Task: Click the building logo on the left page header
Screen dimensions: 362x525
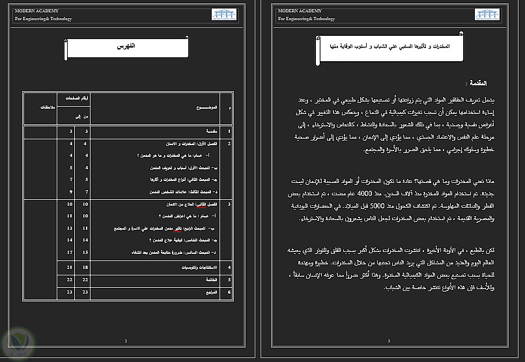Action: click(x=224, y=14)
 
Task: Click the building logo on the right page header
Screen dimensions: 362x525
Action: click(x=488, y=14)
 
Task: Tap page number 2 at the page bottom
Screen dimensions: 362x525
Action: click(x=126, y=341)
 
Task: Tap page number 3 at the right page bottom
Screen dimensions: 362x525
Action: click(x=389, y=341)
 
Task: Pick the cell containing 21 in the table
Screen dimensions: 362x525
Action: click(x=69, y=267)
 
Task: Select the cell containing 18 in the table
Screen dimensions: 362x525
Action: click(x=86, y=267)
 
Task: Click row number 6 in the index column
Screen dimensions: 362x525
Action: click(x=229, y=292)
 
